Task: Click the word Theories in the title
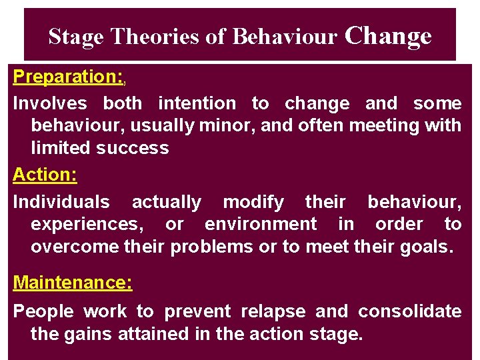tap(155, 37)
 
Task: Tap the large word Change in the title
tap(388, 35)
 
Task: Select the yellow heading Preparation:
tap(68, 77)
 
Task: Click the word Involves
tap(50, 103)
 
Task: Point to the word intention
tap(197, 103)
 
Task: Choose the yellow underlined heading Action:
tap(45, 175)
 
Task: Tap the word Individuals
tap(61, 202)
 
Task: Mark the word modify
tap(253, 202)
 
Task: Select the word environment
tap(261, 224)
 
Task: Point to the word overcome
tap(75, 247)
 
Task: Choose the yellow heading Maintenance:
tap(73, 283)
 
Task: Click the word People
tap(45, 311)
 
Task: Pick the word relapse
tap(275, 311)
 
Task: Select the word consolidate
tap(409, 311)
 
